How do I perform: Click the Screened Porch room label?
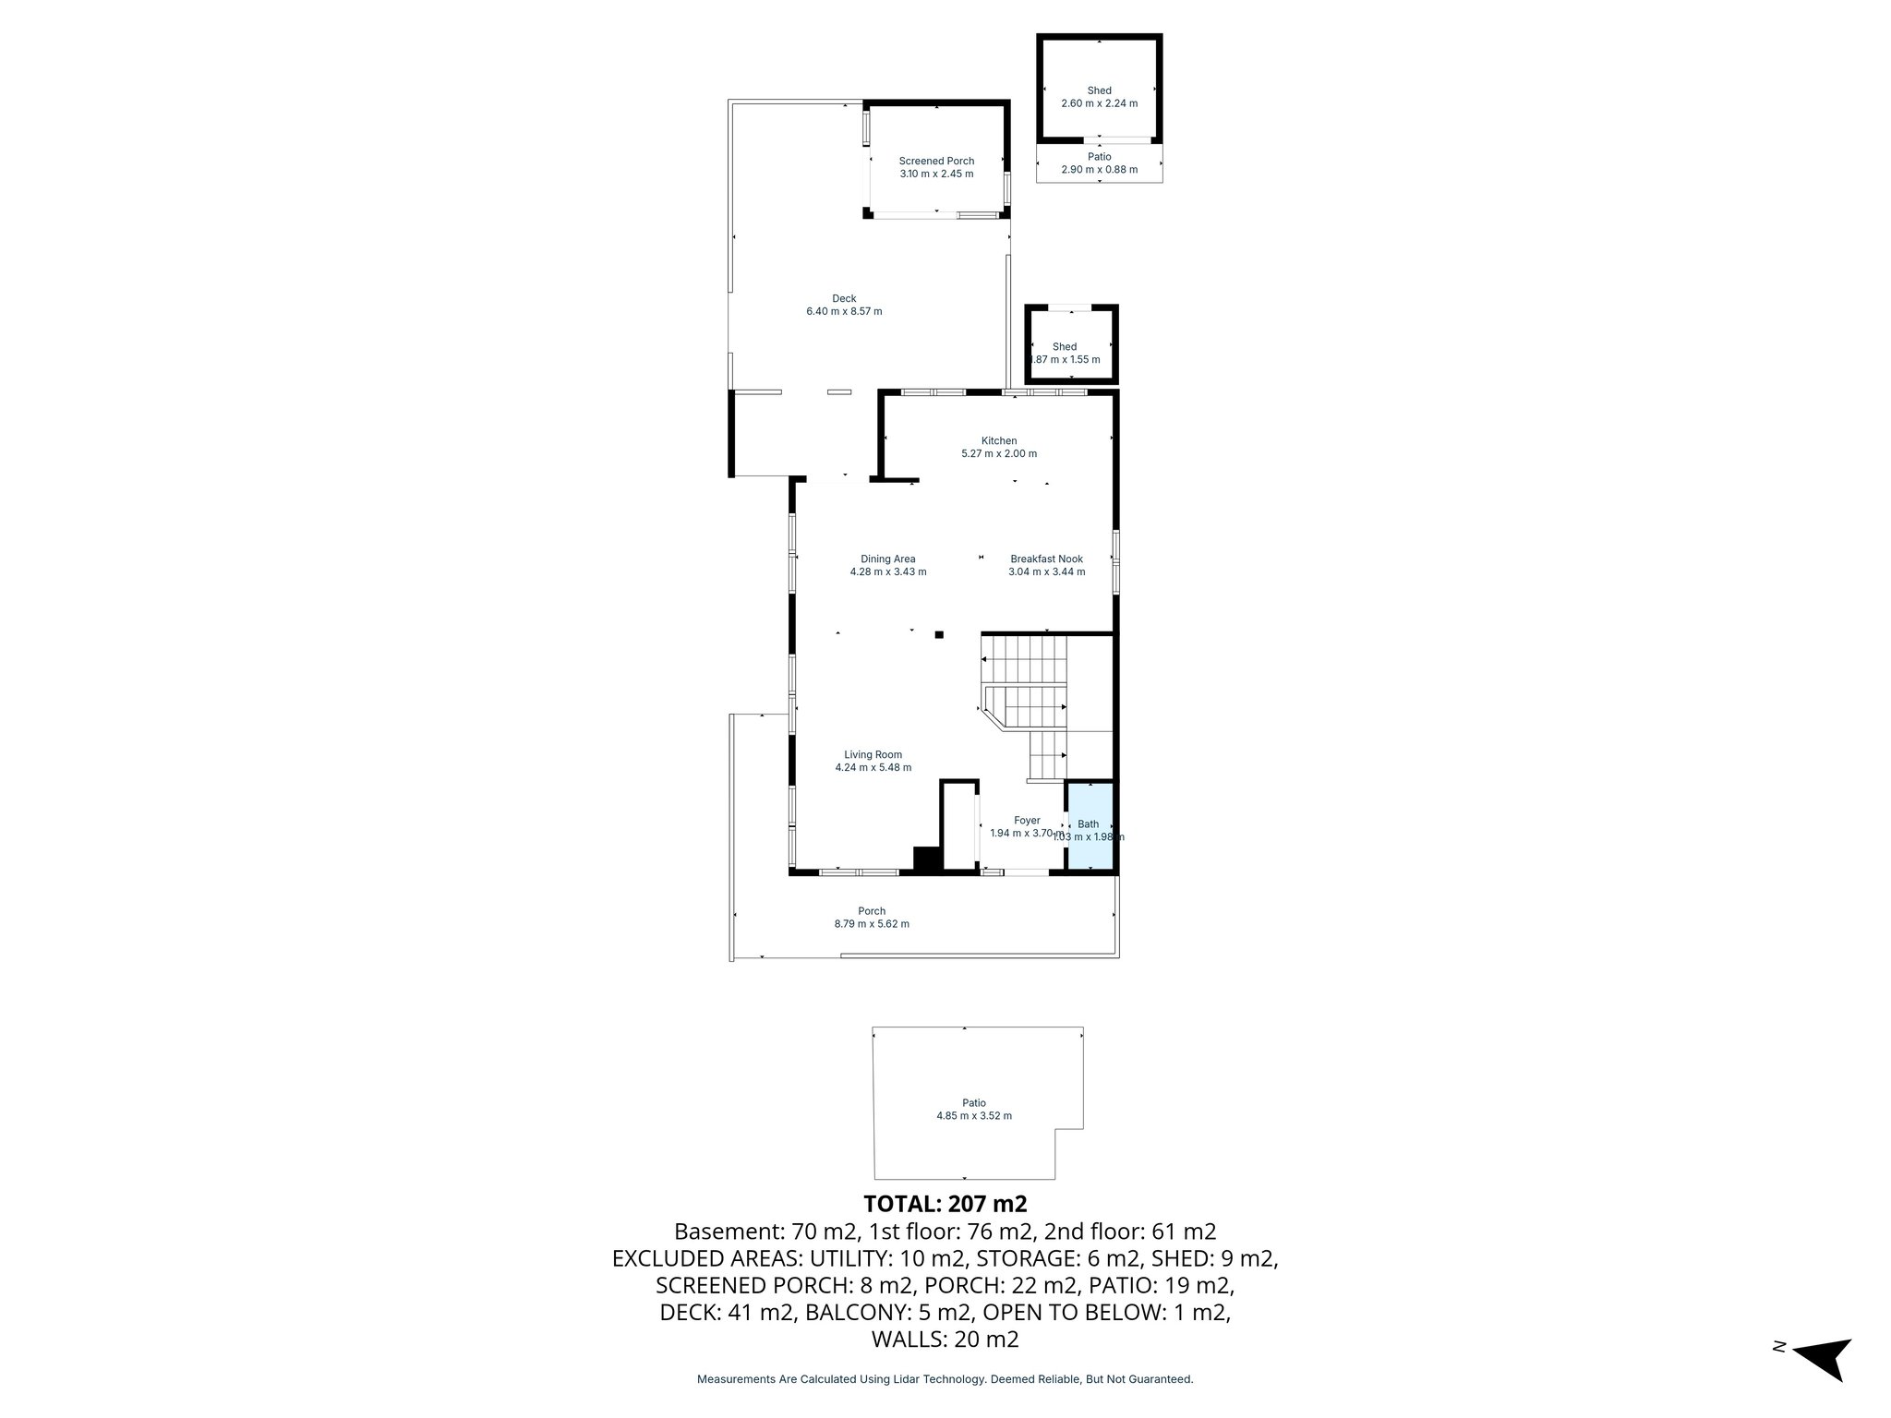point(936,162)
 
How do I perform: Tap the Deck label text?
point(844,298)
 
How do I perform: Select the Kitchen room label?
point(999,441)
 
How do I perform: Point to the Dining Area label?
point(887,559)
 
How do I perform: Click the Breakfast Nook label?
point(1046,559)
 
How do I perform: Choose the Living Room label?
point(873,754)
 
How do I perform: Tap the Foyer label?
point(1027,820)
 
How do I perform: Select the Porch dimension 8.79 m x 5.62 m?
point(872,924)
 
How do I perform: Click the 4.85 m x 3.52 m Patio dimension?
point(974,1115)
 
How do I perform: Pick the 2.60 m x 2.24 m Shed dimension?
point(1099,103)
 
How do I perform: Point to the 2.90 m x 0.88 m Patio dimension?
point(1099,170)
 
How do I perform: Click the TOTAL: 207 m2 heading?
point(945,1204)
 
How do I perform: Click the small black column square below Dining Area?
point(939,634)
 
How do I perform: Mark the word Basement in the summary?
point(729,1232)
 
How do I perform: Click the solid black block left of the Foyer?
point(926,859)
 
